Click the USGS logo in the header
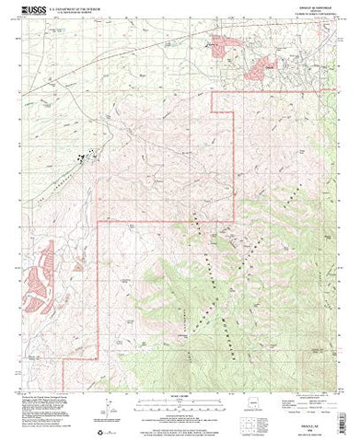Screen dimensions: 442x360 pos(40,11)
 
